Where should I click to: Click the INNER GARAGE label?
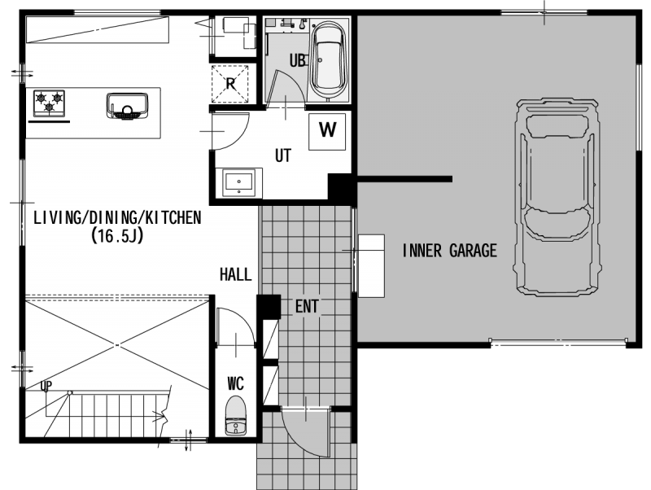tap(450, 251)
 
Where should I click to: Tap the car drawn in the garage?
tap(557, 197)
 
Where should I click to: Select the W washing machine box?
tap(327, 131)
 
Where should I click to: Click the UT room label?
tap(283, 155)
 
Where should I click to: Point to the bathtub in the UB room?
tap(330, 60)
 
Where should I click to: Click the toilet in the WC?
tap(235, 415)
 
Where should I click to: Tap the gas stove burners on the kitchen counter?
tap(49, 103)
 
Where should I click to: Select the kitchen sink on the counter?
tap(127, 107)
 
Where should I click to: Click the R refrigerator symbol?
tap(231, 84)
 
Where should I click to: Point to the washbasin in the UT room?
tap(238, 182)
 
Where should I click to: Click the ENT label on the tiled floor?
tap(307, 307)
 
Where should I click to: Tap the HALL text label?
tap(235, 274)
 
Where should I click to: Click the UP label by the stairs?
tap(46, 386)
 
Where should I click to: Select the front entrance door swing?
tap(306, 432)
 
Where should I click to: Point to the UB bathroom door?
tap(286, 87)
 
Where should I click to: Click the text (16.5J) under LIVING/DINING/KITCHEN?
tap(117, 236)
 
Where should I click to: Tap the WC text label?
tap(235, 383)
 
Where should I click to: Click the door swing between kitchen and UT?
tap(230, 131)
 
